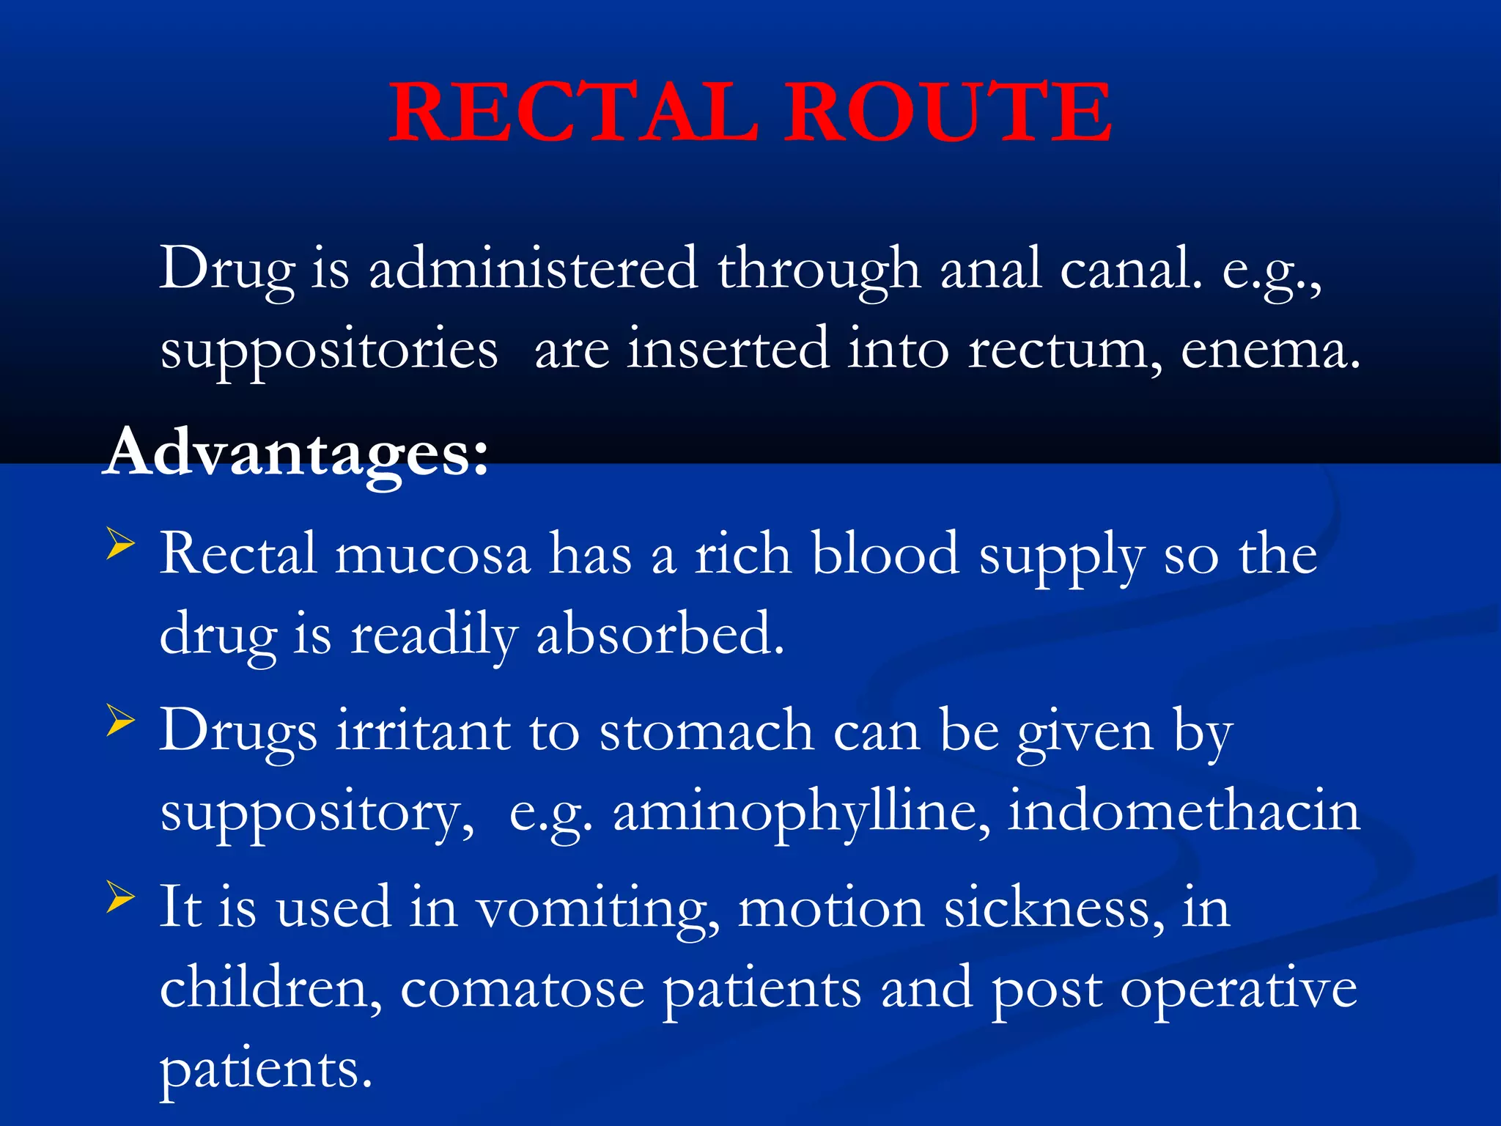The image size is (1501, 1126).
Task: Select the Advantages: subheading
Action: pyautogui.click(x=296, y=453)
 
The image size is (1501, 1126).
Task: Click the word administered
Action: pyautogui.click(x=533, y=269)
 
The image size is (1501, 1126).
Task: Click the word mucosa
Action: pyautogui.click(x=432, y=555)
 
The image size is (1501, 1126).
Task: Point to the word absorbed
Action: pyautogui.click(x=660, y=634)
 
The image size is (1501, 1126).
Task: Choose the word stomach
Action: pyautogui.click(x=707, y=732)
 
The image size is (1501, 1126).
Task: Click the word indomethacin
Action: pyautogui.click(x=1184, y=812)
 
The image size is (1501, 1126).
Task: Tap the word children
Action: pyautogui.click(x=270, y=988)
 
